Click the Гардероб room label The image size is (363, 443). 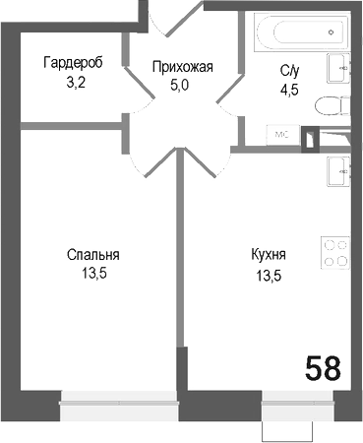[x=73, y=63]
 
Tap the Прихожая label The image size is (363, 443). [x=182, y=67]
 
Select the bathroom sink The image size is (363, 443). [x=339, y=69]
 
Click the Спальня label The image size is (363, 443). [x=87, y=256]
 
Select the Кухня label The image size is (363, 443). [x=269, y=256]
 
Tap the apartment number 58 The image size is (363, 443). [x=323, y=369]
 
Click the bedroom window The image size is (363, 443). [x=119, y=399]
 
